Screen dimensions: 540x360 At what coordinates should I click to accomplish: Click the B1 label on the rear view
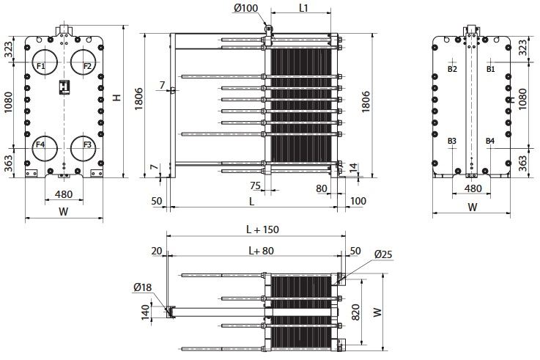pyautogui.click(x=490, y=69)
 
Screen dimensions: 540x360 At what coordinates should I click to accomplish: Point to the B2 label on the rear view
pyautogui.click(x=452, y=69)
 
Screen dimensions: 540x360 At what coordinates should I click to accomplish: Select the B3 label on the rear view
pyautogui.click(x=452, y=141)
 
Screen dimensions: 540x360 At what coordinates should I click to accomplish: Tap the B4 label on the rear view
pyautogui.click(x=490, y=141)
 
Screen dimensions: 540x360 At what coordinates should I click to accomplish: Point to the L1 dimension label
pyautogui.click(x=303, y=8)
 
